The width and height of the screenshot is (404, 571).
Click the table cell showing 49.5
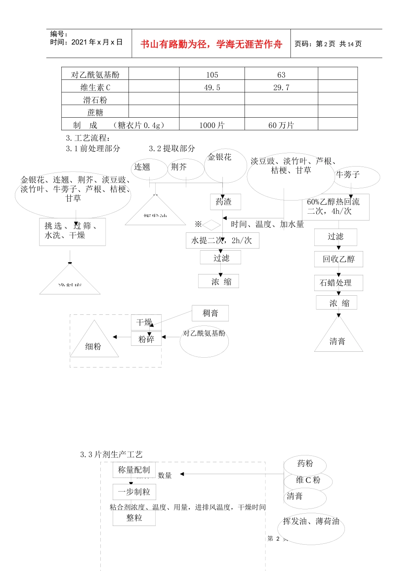coord(212,88)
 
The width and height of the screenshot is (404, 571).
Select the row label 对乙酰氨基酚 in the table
coord(95,75)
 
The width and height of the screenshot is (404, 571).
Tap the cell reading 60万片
coord(281,125)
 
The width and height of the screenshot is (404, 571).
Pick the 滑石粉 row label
coord(95,100)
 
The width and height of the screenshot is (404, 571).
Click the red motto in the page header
coord(211,44)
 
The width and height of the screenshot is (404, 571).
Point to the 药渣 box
coord(225,202)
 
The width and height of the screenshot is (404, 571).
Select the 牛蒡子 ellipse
coord(356,177)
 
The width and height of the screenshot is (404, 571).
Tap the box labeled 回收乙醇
coord(339,259)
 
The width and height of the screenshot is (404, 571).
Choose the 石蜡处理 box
coord(339,283)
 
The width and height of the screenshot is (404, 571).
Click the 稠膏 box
coord(210,313)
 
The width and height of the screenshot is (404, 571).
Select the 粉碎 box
coord(146,339)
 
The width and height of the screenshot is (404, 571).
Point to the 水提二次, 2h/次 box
coord(222,240)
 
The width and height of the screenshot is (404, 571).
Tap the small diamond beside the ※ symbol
coord(212,225)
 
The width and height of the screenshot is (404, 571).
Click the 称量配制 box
coord(134,470)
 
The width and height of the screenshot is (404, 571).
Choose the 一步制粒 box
coord(134,492)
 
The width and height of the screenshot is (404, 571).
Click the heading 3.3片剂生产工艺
coord(111,455)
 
